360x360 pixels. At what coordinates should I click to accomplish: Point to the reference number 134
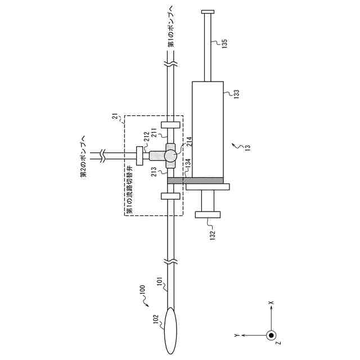188,164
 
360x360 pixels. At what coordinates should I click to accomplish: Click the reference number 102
155,319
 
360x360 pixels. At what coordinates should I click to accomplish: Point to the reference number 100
142,291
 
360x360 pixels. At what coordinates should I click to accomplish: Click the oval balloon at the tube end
172,328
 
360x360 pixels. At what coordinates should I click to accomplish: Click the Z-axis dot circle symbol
271,336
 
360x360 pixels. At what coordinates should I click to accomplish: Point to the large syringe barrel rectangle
208,129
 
